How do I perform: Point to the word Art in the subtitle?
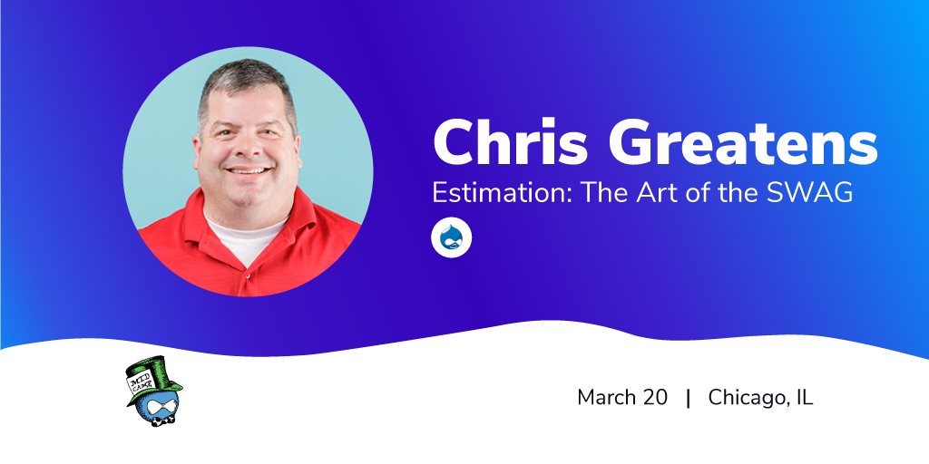click(x=657, y=193)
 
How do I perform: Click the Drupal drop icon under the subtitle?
click(x=452, y=238)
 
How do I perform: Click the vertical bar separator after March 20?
click(x=688, y=399)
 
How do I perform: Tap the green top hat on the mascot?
click(x=154, y=378)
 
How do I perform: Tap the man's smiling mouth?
click(x=249, y=171)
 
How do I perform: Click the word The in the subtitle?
click(x=605, y=193)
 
